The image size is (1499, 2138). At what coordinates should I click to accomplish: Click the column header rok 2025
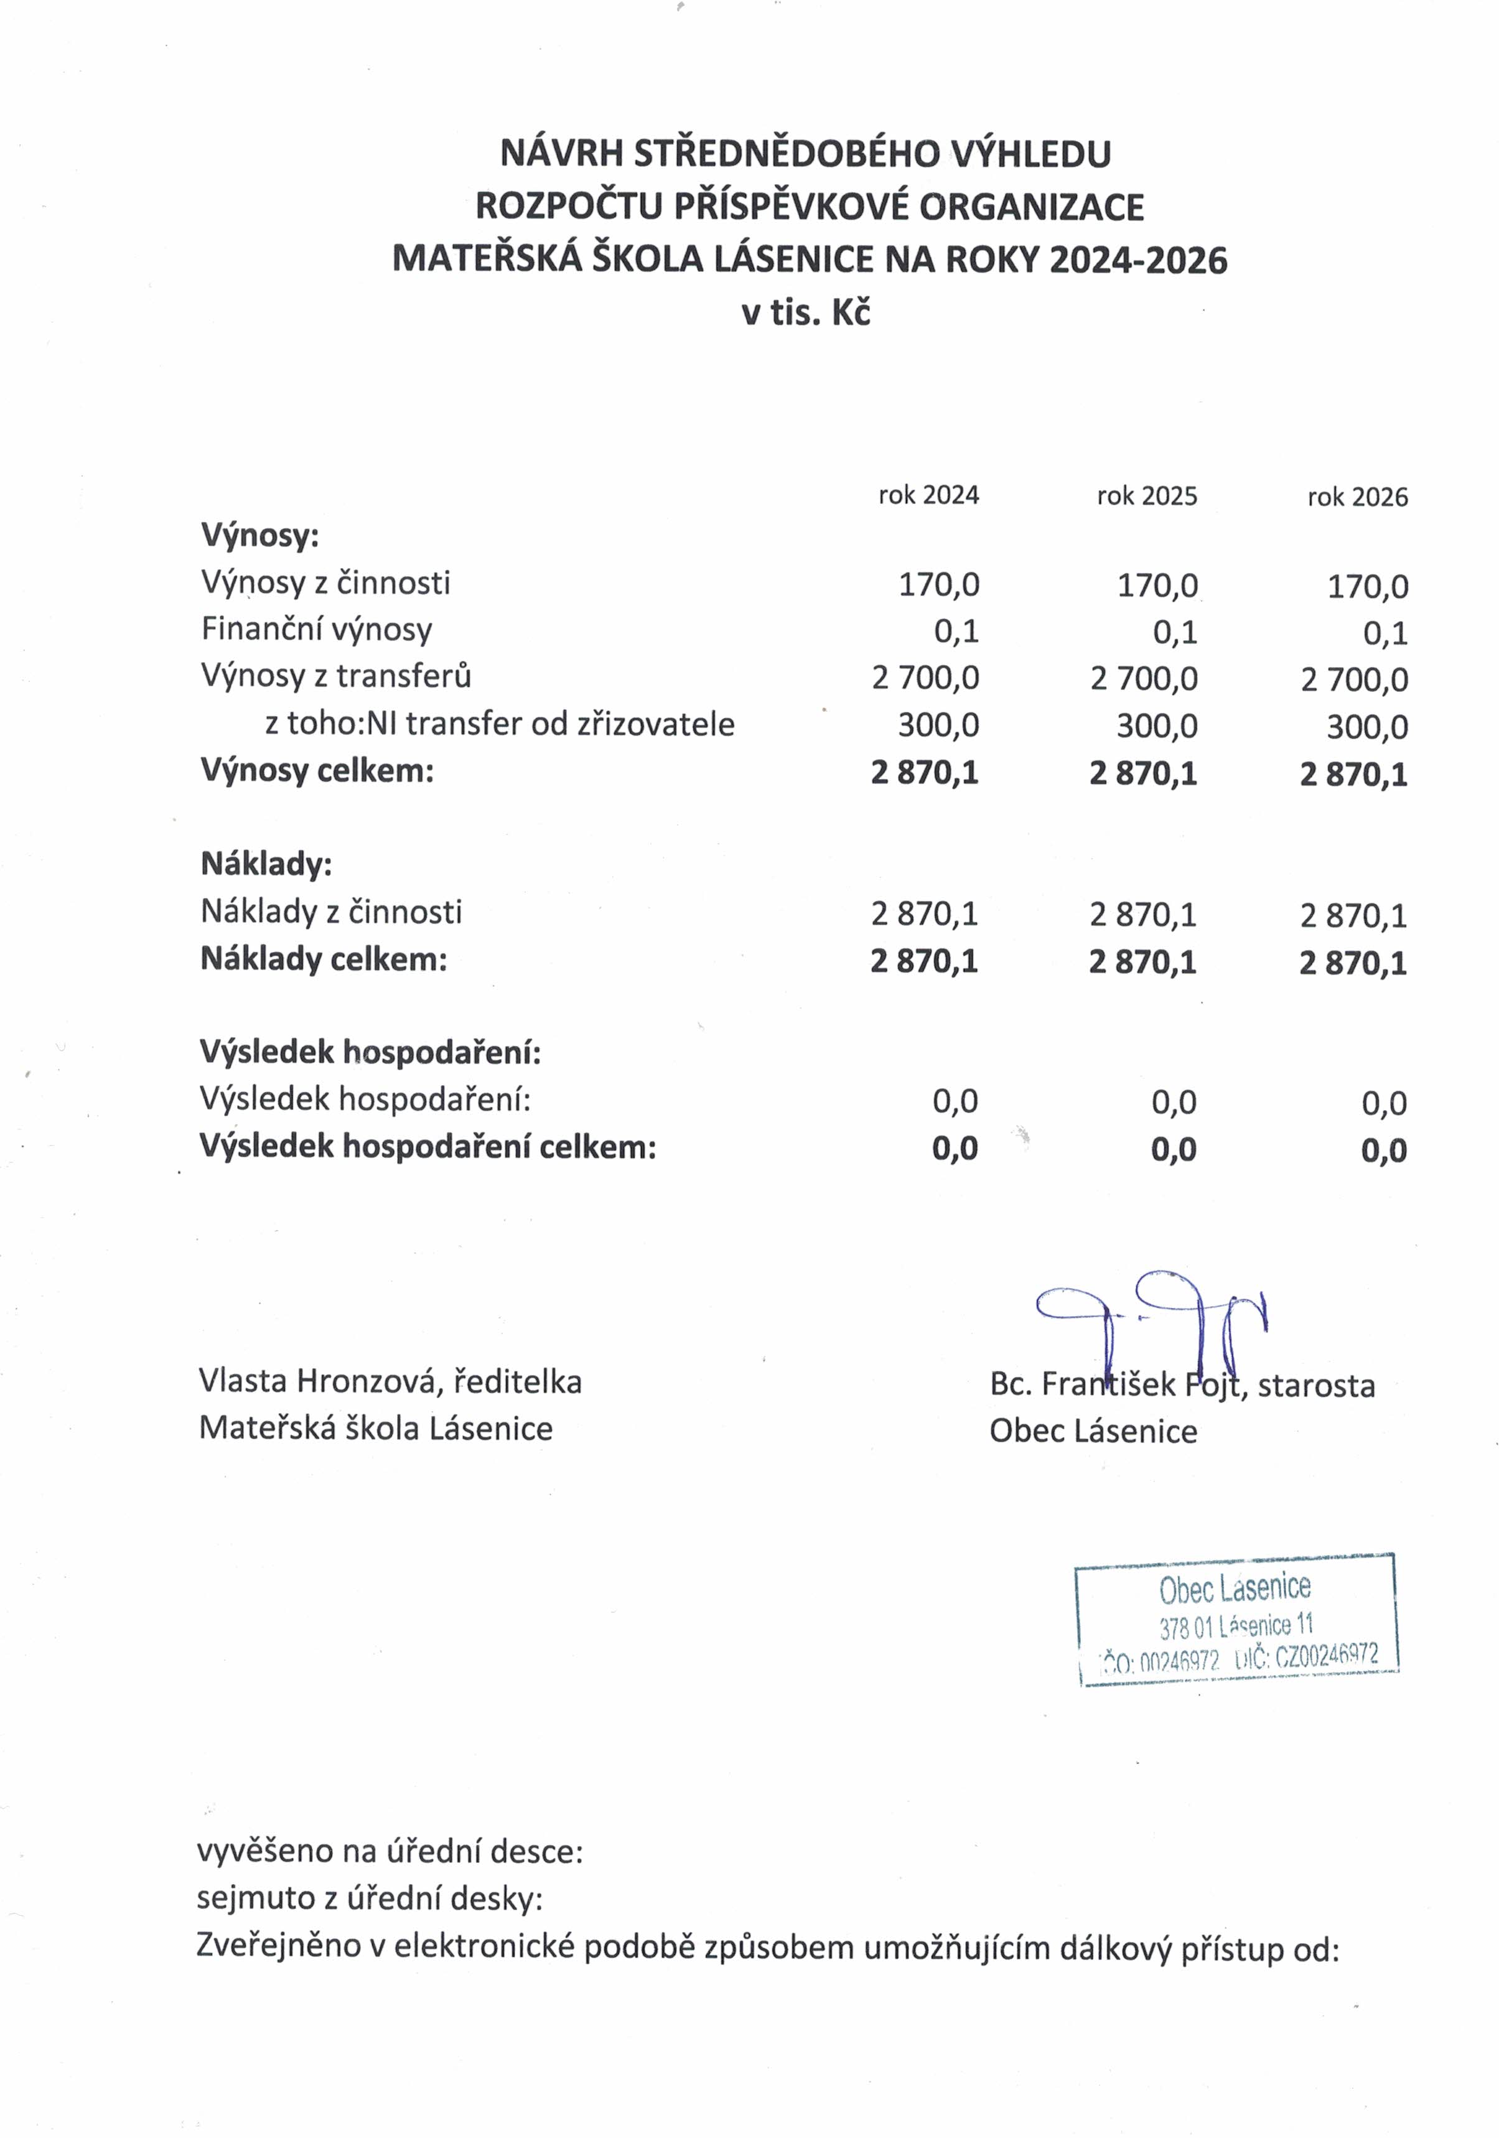coord(1146,495)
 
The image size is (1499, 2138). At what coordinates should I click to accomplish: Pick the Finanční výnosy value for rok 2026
coord(1385,633)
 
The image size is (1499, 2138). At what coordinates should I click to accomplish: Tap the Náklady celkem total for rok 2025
coord(1142,961)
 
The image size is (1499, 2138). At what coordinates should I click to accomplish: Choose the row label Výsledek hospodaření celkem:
coord(427,1146)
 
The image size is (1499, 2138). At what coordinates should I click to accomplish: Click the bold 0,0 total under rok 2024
coord(955,1148)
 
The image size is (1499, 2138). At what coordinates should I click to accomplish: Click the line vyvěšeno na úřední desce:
coord(389,1851)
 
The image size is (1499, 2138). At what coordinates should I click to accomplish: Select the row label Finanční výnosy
coord(317,630)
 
